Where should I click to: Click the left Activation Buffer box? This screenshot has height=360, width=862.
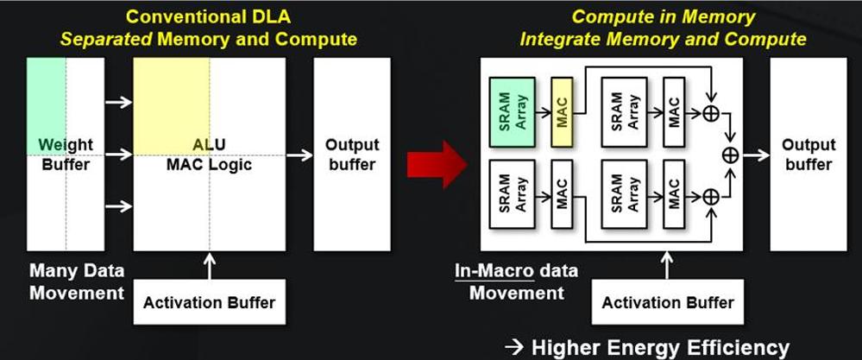pyautogui.click(x=209, y=301)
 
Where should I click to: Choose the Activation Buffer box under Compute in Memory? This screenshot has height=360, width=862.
pyautogui.click(x=668, y=301)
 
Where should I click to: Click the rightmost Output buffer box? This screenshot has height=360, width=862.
pyautogui.click(x=807, y=155)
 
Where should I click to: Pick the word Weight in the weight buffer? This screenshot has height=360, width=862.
pyautogui.click(x=66, y=144)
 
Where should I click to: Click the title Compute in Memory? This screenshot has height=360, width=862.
pyautogui.click(x=664, y=16)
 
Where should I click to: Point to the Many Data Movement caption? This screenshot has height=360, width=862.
pyautogui.click(x=77, y=281)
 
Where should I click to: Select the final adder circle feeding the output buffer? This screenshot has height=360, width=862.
pyautogui.click(x=730, y=155)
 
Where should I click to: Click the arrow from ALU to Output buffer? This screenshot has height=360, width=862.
pyautogui.click(x=299, y=155)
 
